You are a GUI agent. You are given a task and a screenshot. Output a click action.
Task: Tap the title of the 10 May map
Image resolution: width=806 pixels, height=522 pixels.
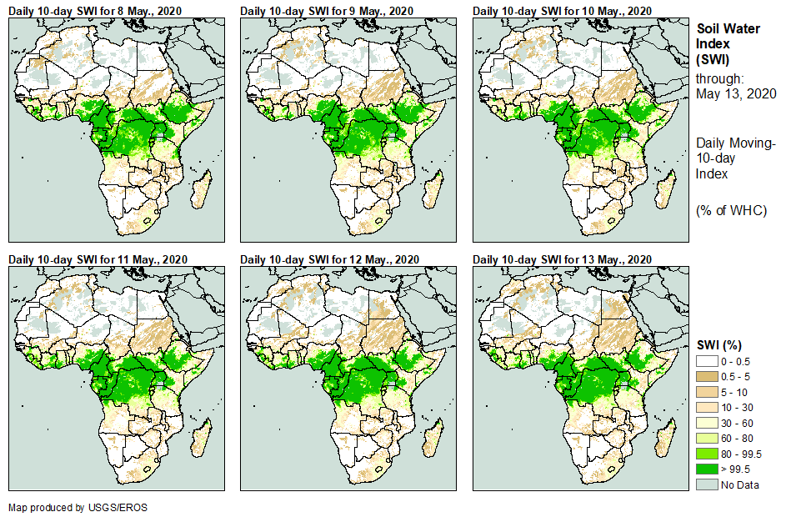pos(560,10)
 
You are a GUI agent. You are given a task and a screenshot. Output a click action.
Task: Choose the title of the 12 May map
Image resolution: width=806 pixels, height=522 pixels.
pos(327,258)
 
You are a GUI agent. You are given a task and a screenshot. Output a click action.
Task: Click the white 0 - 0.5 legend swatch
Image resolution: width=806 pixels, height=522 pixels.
pos(708,361)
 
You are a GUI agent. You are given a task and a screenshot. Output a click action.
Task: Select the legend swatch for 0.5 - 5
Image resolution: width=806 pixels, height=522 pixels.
pos(708,377)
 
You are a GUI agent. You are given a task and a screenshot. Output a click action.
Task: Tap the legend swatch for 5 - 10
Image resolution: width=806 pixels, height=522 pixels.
pos(708,392)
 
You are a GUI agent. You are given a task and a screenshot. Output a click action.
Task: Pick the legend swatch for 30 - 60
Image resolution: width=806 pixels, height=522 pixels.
pos(708,423)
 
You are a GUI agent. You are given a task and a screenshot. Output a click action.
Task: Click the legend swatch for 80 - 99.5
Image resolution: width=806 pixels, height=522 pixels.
pos(708,454)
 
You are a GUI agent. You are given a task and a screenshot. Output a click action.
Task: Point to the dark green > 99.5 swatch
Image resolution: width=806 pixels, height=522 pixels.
pos(708,469)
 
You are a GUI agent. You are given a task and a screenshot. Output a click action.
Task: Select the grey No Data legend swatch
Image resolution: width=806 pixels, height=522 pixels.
pos(708,484)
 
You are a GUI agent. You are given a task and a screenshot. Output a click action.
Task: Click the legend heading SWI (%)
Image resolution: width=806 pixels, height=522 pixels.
pos(719,345)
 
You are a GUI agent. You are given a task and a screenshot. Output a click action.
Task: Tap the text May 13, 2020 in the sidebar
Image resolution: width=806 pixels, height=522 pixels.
pos(736,93)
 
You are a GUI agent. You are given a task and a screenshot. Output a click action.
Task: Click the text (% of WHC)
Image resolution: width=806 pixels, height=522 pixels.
pos(731,210)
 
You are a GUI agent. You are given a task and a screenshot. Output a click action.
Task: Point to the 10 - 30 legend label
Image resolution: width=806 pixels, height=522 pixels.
pos(738,408)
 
